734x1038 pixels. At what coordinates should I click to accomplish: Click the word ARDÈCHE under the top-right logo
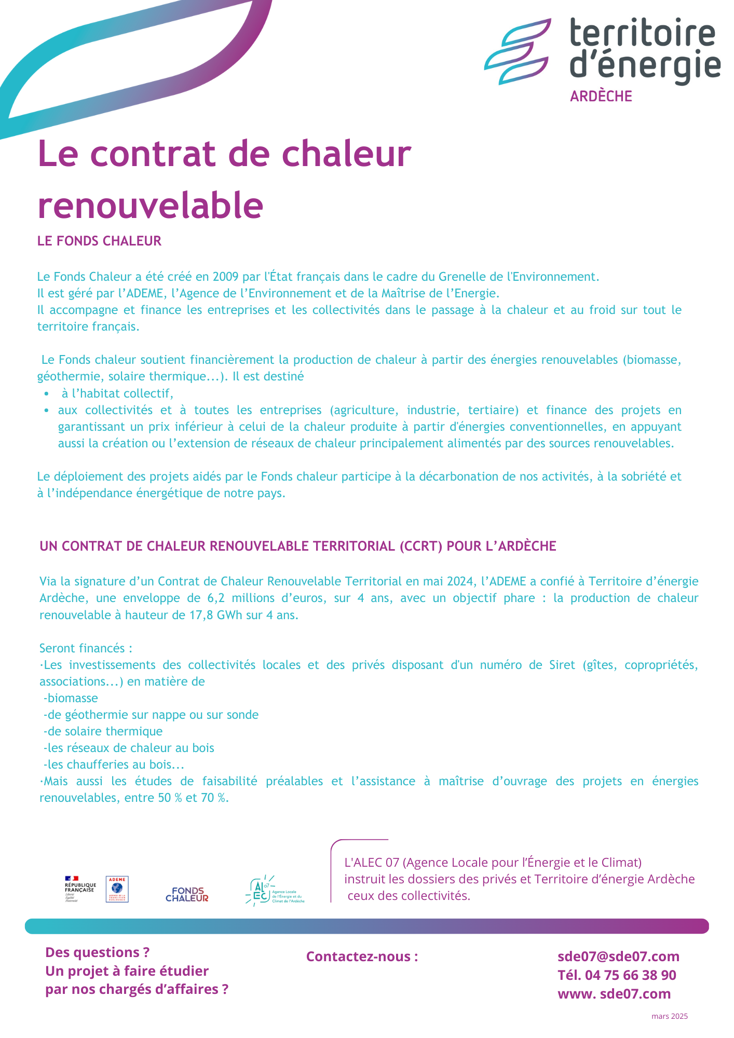[x=601, y=97]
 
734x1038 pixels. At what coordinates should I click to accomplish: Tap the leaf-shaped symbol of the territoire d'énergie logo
[x=517, y=52]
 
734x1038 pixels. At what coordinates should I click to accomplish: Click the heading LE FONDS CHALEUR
[x=99, y=241]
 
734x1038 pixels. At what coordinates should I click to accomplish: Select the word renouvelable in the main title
[x=151, y=205]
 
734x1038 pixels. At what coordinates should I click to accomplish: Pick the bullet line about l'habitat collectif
[x=117, y=393]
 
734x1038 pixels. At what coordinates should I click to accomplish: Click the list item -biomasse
[x=71, y=698]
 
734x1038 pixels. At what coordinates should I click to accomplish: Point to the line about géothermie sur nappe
[x=151, y=715]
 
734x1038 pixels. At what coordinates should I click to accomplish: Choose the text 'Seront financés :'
[x=86, y=648]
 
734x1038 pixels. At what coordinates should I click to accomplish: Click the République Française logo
[x=79, y=889]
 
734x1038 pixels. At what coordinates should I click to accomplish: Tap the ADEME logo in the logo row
[x=117, y=889]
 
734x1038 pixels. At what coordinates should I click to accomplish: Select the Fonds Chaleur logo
[x=187, y=894]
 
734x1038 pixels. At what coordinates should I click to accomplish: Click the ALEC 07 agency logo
[x=274, y=891]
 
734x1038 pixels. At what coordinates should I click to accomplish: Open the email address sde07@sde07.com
[x=618, y=957]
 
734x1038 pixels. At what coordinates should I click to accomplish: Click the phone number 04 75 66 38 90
[x=630, y=975]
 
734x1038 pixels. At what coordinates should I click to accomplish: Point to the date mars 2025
[x=669, y=1016]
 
